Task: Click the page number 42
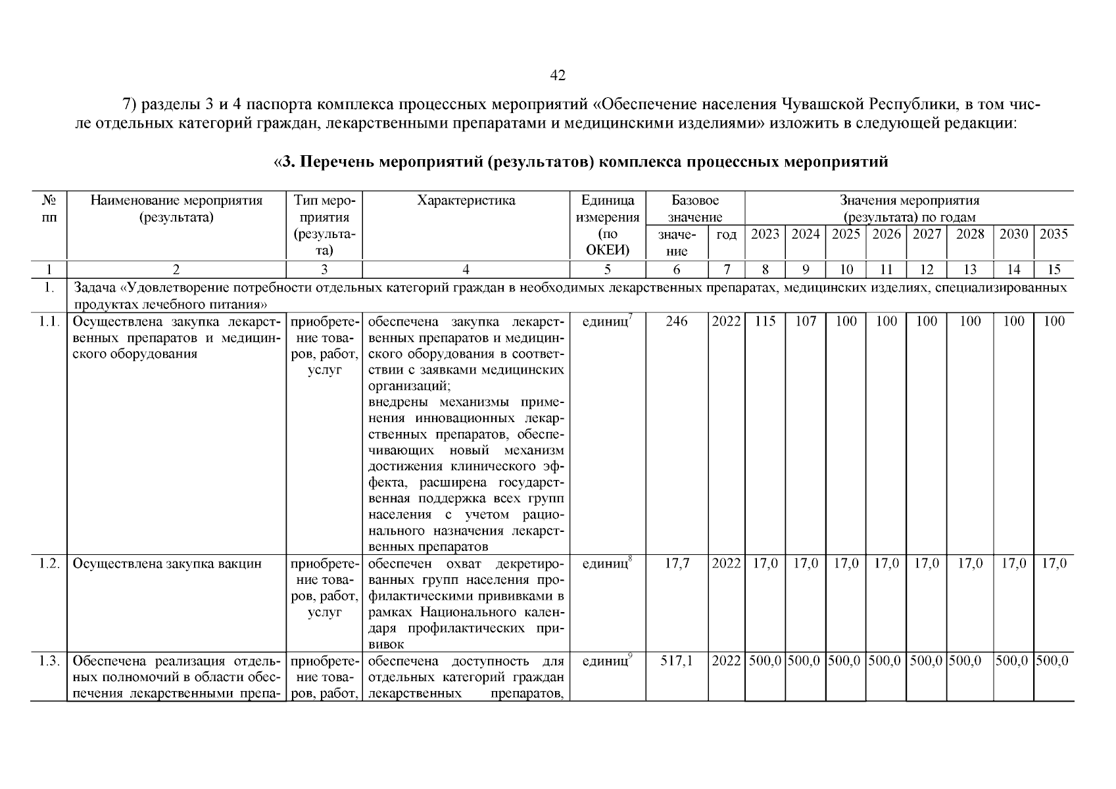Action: click(557, 76)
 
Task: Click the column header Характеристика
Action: click(466, 201)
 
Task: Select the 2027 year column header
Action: click(926, 234)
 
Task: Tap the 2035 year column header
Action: click(1053, 234)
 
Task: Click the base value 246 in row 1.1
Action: click(677, 322)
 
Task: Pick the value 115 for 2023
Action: click(765, 322)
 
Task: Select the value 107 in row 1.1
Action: click(806, 322)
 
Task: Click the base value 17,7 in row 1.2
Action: click(677, 563)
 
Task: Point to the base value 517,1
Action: click(677, 661)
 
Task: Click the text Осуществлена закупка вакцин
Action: click(167, 563)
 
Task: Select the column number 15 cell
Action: click(1053, 269)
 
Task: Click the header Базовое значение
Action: click(695, 208)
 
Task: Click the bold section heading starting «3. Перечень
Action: click(581, 162)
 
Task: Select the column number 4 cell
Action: click(466, 269)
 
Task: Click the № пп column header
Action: click(49, 208)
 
